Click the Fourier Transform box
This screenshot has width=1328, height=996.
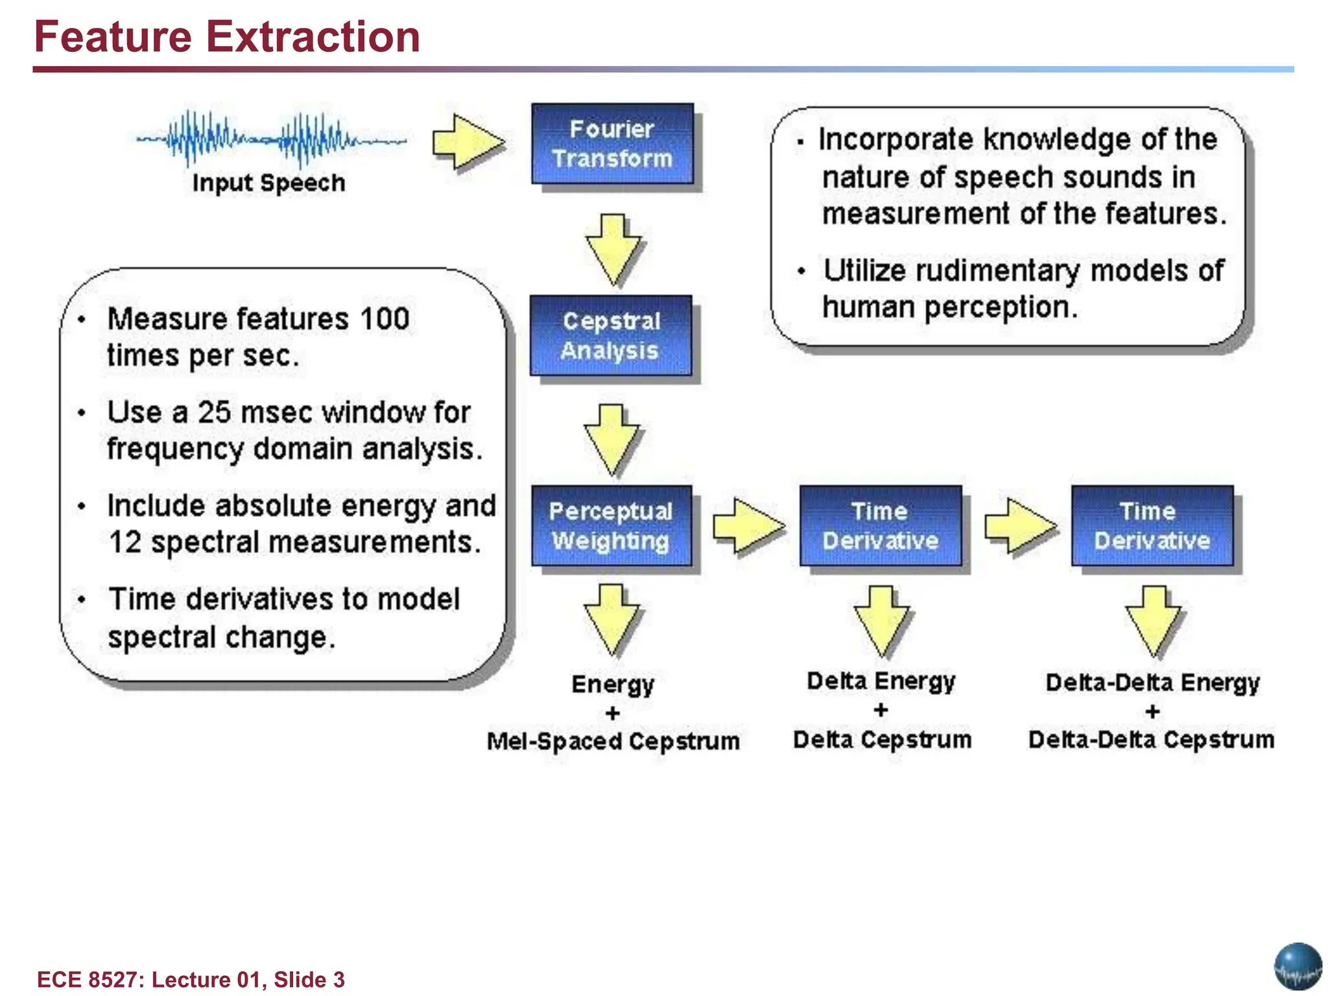click(612, 143)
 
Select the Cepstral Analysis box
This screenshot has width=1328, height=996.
click(611, 335)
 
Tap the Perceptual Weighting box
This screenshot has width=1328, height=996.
click(611, 526)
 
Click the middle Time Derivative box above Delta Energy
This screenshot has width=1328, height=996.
click(881, 526)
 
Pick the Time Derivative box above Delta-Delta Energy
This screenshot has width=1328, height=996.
click(1152, 526)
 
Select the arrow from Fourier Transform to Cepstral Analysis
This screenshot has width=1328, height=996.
click(613, 249)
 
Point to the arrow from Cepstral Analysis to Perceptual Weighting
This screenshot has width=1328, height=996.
click(611, 440)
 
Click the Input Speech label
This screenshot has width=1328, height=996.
click(268, 184)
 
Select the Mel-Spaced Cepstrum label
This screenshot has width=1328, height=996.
click(613, 741)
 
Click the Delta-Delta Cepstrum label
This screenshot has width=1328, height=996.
click(1151, 740)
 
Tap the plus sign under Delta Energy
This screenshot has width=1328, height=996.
click(881, 710)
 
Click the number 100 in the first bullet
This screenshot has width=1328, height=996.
click(385, 319)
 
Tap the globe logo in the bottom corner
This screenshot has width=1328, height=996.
click(1298, 966)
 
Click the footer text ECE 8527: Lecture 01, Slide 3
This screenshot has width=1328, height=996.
click(191, 979)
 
